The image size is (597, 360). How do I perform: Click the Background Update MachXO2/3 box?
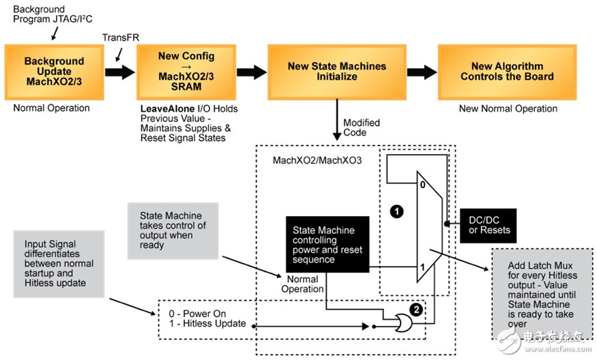click(x=54, y=72)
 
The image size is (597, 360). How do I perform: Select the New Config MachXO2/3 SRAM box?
click(x=187, y=71)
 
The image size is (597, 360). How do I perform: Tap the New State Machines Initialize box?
click(x=336, y=72)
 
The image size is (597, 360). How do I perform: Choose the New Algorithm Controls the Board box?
click(x=507, y=72)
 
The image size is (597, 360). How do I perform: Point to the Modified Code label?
click(x=361, y=128)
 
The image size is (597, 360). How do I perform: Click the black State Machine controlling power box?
click(x=327, y=244)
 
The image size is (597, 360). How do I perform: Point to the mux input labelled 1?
click(x=423, y=267)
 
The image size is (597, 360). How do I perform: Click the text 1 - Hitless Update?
click(x=208, y=324)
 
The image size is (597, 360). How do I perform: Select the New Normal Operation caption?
click(x=507, y=109)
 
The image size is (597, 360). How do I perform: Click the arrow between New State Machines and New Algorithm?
click(x=422, y=72)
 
